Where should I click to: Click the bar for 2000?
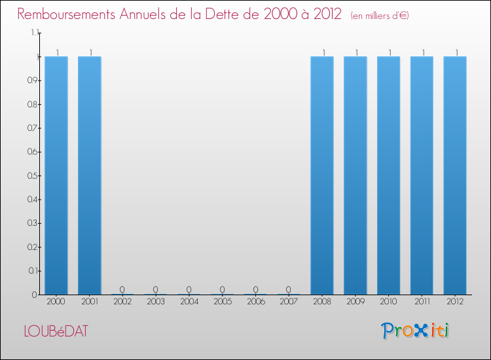pos(56,175)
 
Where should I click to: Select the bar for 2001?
pos(90,175)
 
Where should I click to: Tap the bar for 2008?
pos(322,175)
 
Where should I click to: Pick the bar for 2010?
pos(389,175)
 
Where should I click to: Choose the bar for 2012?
pos(455,175)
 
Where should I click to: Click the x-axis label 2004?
pos(189,302)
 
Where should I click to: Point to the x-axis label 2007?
pos(289,302)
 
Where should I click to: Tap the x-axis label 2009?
pos(355,302)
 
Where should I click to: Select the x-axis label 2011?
pos(422,302)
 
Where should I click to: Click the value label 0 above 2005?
pos(223,289)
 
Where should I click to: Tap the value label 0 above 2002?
pos(123,289)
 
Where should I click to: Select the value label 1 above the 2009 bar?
pos(355,52)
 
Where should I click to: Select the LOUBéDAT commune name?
pos(54,331)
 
